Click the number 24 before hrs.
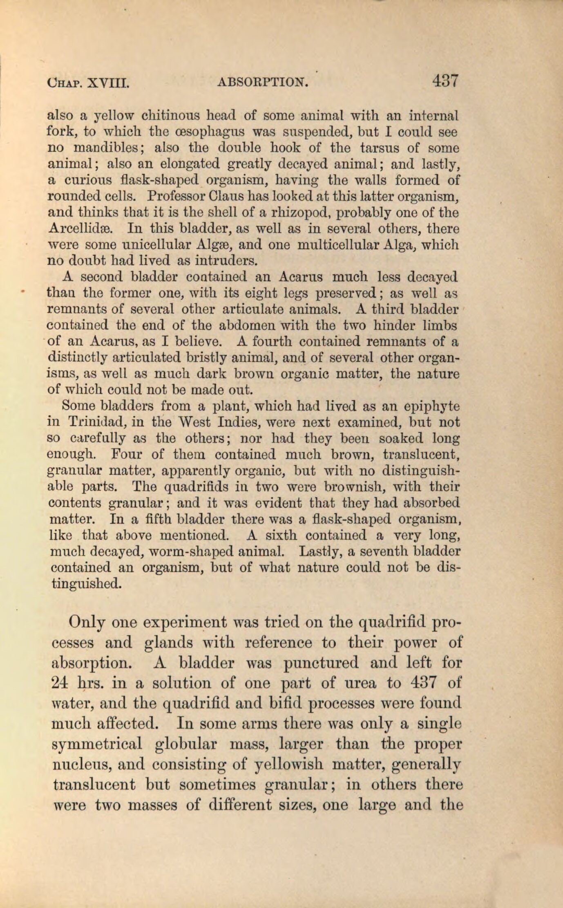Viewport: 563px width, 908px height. (x=62, y=683)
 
